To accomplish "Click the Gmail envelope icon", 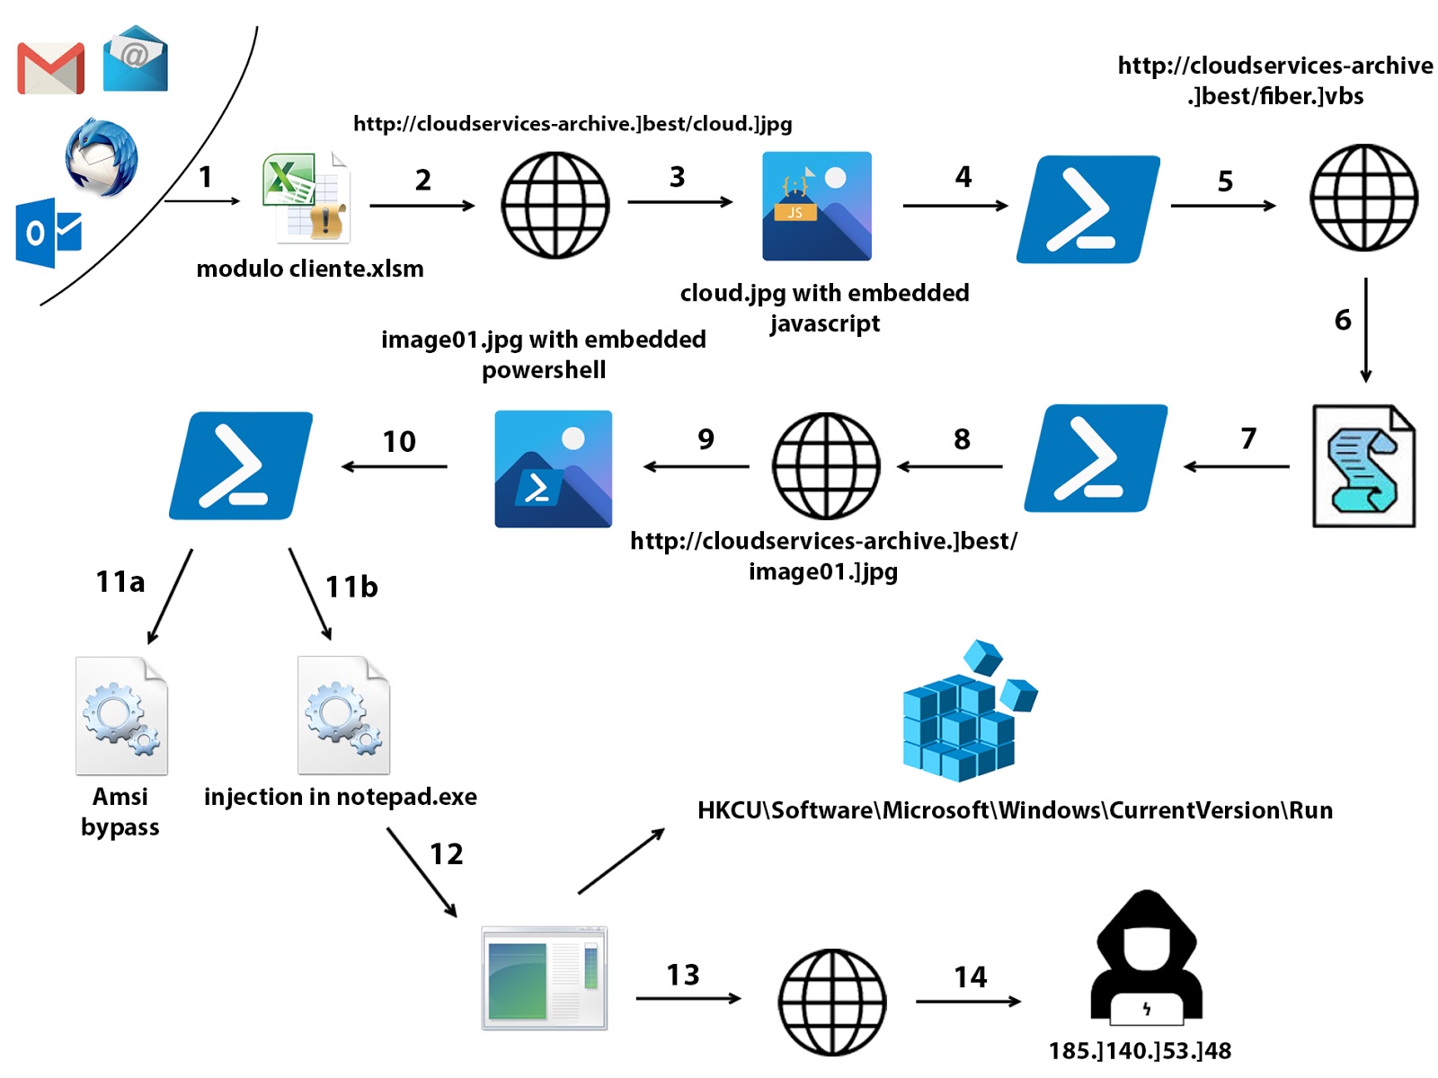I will (51, 68).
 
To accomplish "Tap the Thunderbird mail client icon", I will (101, 156).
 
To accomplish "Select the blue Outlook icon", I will (49, 233).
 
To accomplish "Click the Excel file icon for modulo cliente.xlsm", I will (306, 198).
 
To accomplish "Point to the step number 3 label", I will (677, 177).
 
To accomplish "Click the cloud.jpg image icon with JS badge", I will (816, 206).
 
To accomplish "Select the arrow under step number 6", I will (1365, 330).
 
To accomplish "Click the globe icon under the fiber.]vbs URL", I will (1363, 198).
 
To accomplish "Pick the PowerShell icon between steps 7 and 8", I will (1096, 458).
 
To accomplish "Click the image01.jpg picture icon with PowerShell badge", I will (553, 469).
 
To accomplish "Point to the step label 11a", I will (120, 582).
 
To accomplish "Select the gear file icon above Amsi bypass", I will (121, 715).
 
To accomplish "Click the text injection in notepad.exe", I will (340, 797).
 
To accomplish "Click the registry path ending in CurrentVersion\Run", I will (1015, 810).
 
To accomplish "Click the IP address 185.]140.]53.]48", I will (1140, 1050).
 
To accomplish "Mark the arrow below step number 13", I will (688, 998).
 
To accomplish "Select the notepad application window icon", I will (544, 977).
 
